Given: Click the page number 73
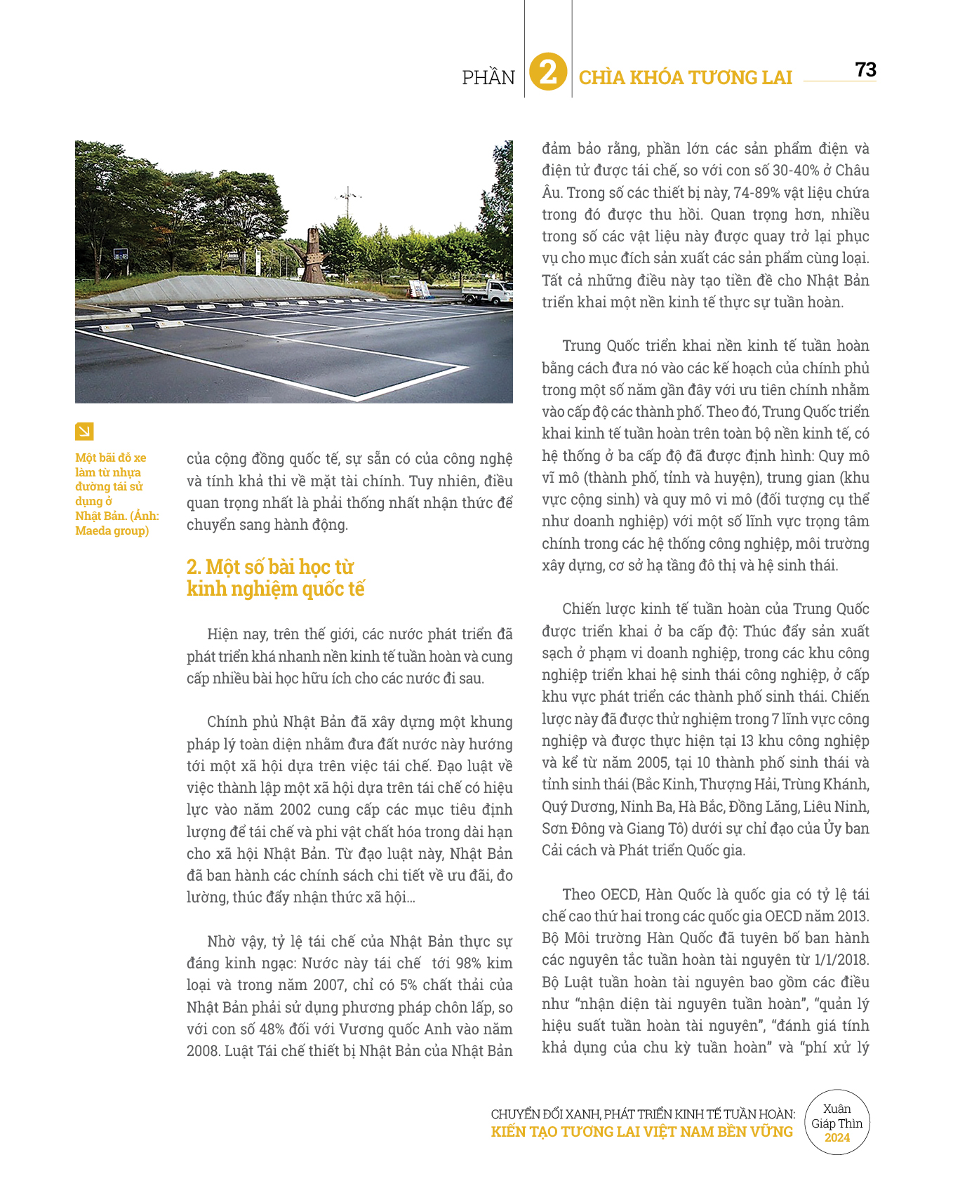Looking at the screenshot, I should pos(865,69).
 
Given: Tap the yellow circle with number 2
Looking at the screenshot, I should pos(548,72).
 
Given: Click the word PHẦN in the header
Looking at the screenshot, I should pos(488,77).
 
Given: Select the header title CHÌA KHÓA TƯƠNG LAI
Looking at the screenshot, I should pos(685,77).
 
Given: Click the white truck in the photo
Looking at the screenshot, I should pos(489,291).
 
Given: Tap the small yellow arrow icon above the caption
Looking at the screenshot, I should pos(84,431).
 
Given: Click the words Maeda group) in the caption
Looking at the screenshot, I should pos(112,530).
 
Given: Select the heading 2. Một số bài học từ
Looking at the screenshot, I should pos(270,566).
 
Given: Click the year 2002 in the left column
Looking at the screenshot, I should pos(295,809).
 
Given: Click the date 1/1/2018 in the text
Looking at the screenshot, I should pos(841,959).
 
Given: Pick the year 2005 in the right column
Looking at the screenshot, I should pos(653,762).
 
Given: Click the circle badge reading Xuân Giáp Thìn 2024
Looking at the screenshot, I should pos(837,1123).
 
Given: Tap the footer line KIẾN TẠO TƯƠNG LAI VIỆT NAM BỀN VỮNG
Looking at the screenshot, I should pos(641,1131).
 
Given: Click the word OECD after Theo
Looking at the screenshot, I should pos(618,894).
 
